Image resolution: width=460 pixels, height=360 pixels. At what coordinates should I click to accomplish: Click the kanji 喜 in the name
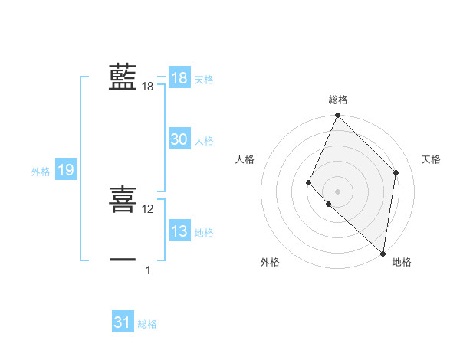click(123, 199)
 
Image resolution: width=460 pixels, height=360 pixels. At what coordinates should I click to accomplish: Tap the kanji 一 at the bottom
click(123, 260)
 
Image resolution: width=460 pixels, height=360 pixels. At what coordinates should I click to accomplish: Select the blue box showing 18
click(179, 78)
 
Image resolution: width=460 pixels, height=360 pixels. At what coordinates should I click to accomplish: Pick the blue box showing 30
click(179, 139)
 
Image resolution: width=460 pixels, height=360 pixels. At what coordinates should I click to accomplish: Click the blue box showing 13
click(179, 231)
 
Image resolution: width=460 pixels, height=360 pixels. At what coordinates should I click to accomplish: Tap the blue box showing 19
click(66, 170)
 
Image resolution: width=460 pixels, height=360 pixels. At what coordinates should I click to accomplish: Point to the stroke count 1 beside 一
click(148, 270)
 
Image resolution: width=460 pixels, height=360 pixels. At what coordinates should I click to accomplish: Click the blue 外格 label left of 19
click(41, 172)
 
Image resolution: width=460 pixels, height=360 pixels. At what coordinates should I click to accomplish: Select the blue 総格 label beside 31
click(147, 324)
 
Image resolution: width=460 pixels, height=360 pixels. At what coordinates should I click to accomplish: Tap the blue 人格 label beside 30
click(204, 141)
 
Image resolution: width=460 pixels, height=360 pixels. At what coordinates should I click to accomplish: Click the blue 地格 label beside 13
click(204, 233)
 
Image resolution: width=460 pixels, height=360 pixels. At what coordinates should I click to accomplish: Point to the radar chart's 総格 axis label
click(338, 100)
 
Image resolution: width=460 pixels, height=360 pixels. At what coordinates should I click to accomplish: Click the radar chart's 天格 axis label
click(432, 159)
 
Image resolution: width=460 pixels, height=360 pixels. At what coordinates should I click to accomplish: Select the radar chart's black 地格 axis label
click(402, 262)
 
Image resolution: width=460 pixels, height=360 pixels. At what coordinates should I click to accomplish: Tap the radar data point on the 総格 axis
click(338, 116)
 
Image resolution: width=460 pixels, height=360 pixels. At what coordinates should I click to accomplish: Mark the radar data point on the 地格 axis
click(383, 253)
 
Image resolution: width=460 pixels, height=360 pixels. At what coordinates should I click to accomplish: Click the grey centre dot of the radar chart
click(338, 191)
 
